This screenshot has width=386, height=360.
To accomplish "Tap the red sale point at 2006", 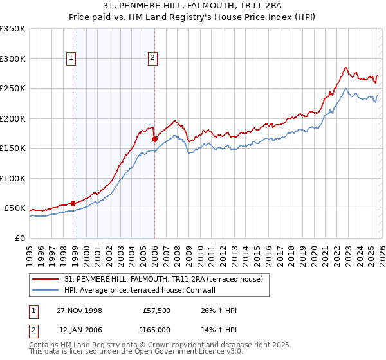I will pos(155,138).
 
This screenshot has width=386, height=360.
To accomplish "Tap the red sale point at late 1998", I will pos(73,203).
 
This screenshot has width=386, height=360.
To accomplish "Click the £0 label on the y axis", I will pos(19,238).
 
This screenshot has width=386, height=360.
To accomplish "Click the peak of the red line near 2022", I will pos(345,67).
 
